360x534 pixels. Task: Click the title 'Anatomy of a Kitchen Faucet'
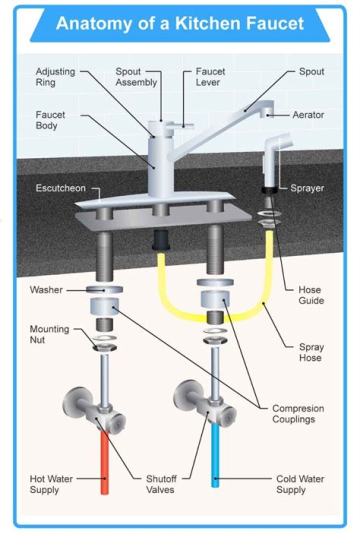pyautogui.click(x=179, y=23)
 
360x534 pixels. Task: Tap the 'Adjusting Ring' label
pyautogui.click(x=55, y=76)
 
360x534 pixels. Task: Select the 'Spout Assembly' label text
pyautogui.click(x=136, y=76)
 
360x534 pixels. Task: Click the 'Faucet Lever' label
pyautogui.click(x=210, y=76)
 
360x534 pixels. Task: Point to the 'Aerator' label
pyautogui.click(x=308, y=115)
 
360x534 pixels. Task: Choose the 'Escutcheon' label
pyautogui.click(x=60, y=188)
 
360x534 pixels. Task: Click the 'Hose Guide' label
pyautogui.click(x=310, y=295)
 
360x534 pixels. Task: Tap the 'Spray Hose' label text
pyautogui.click(x=310, y=352)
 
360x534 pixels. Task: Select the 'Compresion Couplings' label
pyautogui.click(x=297, y=413)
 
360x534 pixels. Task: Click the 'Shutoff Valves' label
pyautogui.click(x=160, y=484)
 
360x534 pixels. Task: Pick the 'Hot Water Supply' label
pyautogui.click(x=51, y=484)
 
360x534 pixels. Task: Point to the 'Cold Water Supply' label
pyautogui.click(x=300, y=484)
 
